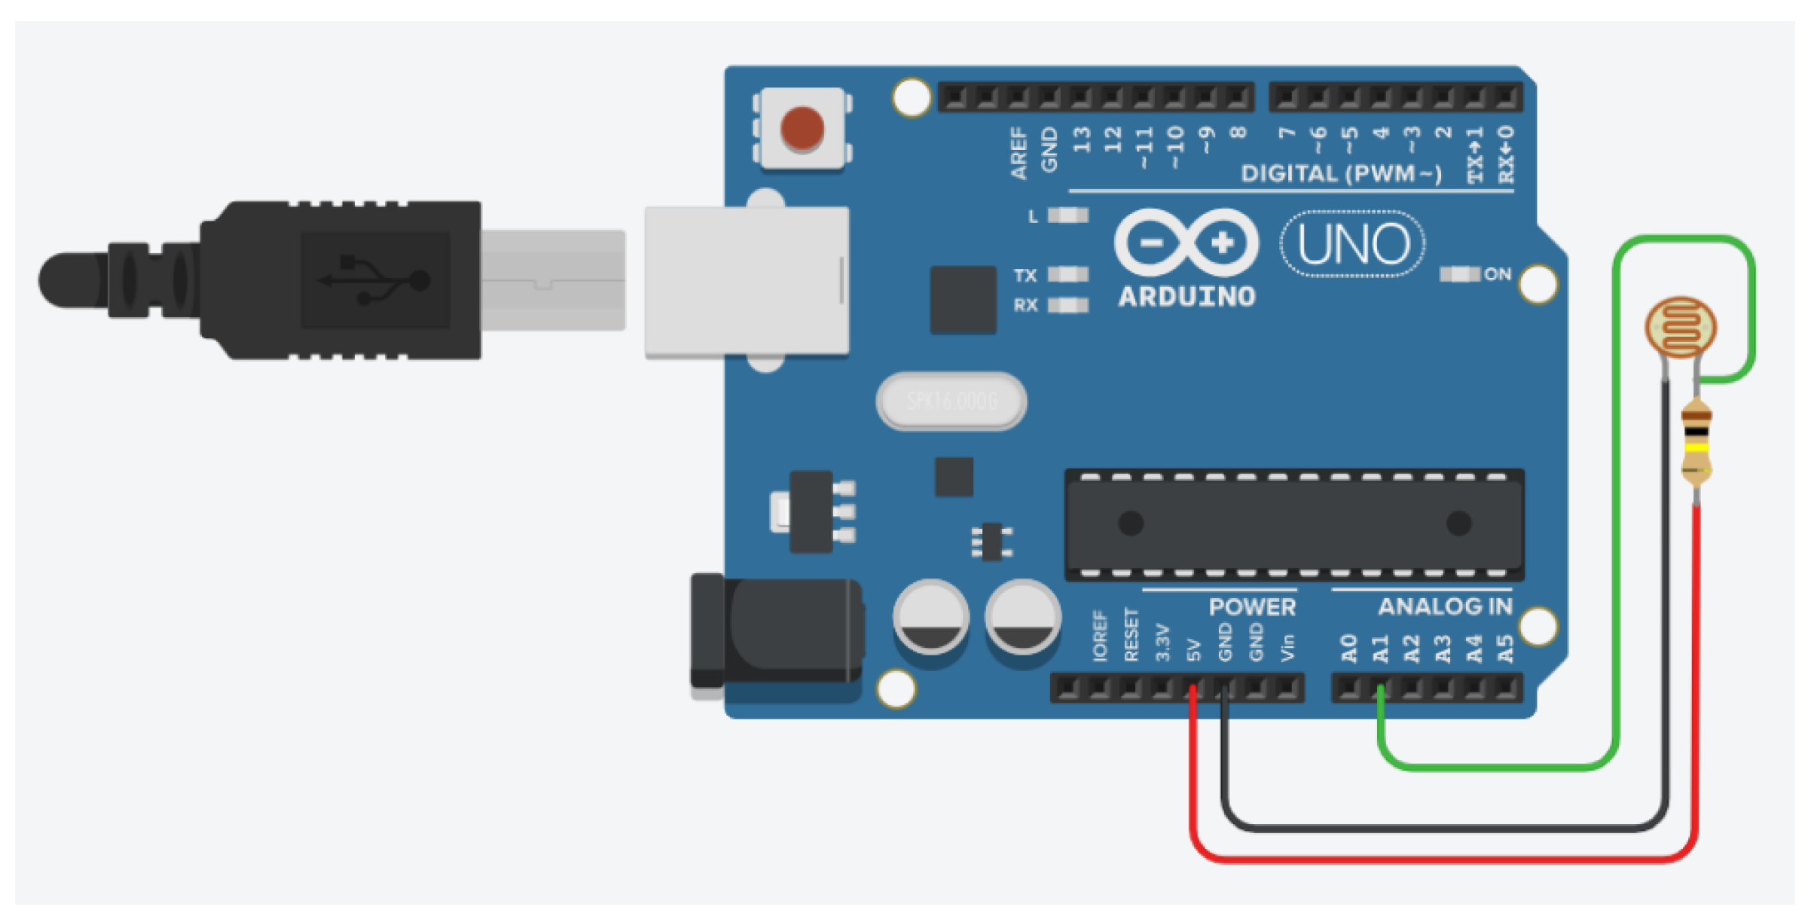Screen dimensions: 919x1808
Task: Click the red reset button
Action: [x=802, y=127]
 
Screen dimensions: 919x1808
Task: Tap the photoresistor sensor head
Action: [x=1681, y=328]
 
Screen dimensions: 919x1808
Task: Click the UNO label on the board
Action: [x=1353, y=244]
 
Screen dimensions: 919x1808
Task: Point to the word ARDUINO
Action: [x=1186, y=297]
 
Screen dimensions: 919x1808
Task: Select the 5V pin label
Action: [x=1193, y=649]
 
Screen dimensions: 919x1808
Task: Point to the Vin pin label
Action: [x=1287, y=648]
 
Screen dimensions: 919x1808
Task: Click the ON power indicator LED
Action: [x=1459, y=274]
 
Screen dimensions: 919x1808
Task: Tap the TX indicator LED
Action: [x=1068, y=274]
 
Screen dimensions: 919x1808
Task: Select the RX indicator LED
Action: [x=1068, y=305]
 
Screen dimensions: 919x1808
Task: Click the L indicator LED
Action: [x=1068, y=216]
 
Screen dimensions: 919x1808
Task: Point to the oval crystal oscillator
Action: [x=951, y=401]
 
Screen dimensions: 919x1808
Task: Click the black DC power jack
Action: [x=776, y=631]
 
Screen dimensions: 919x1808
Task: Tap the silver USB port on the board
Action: [x=747, y=281]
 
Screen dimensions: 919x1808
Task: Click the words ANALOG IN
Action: [x=1445, y=606]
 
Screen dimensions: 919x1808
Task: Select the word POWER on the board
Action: [x=1252, y=606]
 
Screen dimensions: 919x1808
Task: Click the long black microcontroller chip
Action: [x=1294, y=524]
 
